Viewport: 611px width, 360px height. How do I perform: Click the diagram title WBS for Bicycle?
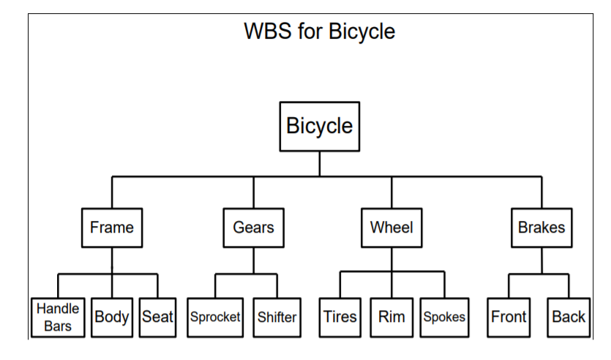tap(319, 31)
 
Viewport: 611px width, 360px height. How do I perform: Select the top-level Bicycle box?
tap(319, 127)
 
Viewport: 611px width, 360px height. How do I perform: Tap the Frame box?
tap(112, 228)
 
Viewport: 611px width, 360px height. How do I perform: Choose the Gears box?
tap(253, 228)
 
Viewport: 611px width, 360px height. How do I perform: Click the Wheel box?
tap(391, 228)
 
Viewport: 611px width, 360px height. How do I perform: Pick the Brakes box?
tap(541, 228)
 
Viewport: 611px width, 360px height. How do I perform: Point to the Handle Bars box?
tap(58, 318)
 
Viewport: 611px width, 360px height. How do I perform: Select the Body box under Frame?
tap(112, 318)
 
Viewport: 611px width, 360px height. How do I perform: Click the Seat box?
tap(157, 318)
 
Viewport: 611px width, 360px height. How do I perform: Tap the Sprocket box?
tap(215, 318)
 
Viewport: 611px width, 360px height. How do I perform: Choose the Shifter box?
tap(277, 318)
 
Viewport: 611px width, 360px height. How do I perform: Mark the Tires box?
tap(340, 318)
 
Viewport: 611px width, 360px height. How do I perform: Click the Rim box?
tap(391, 318)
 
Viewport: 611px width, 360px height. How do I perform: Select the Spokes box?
tap(444, 318)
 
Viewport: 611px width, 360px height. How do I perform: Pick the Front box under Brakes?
tap(509, 318)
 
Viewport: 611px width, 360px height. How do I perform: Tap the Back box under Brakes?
tap(568, 318)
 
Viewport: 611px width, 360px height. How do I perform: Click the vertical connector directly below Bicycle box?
tap(319, 163)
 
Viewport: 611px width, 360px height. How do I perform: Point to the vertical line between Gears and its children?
tap(253, 260)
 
